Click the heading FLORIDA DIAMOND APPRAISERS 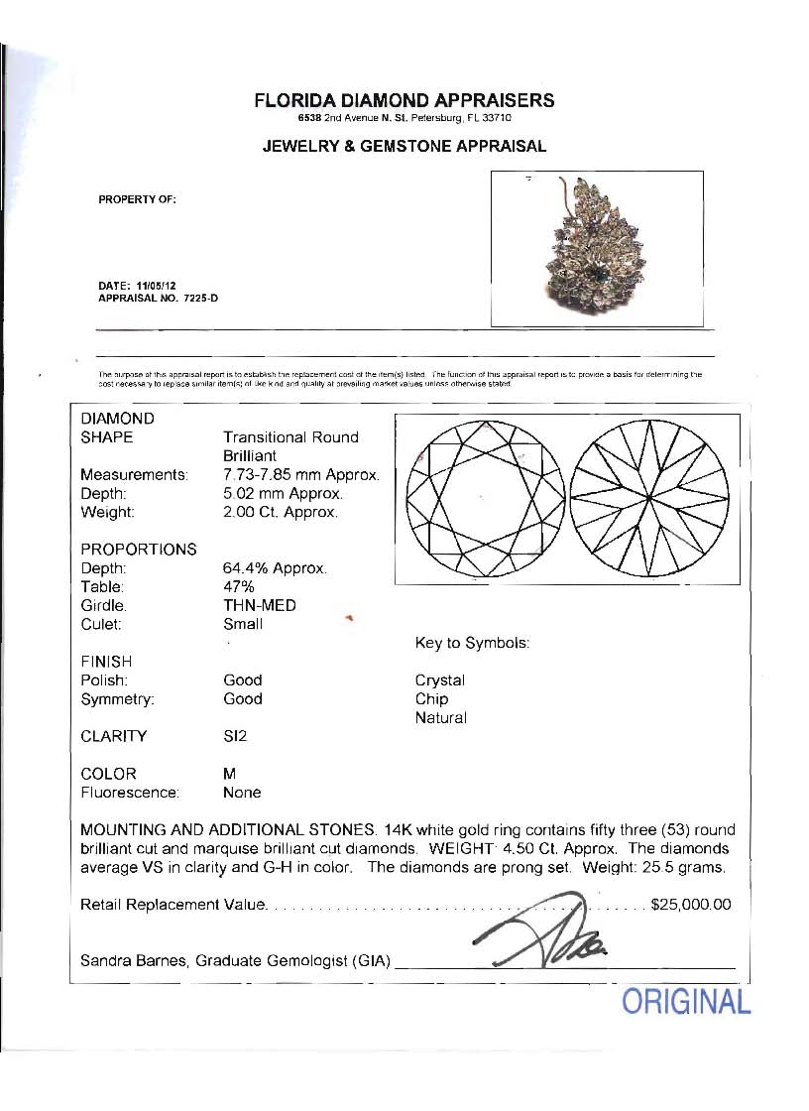pos(404,100)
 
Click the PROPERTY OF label pos(137,199)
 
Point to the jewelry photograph pos(597,248)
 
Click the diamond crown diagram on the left pos(485,498)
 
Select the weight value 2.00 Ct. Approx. pos(281,513)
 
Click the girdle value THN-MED pos(260,605)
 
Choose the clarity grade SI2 pos(235,736)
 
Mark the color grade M pos(230,774)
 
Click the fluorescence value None pos(242,793)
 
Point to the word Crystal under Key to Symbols pos(440,680)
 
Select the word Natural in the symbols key pos(441,717)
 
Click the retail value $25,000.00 pos(691,905)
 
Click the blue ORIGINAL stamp pos(686,1002)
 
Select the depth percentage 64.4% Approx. pos(275,568)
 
